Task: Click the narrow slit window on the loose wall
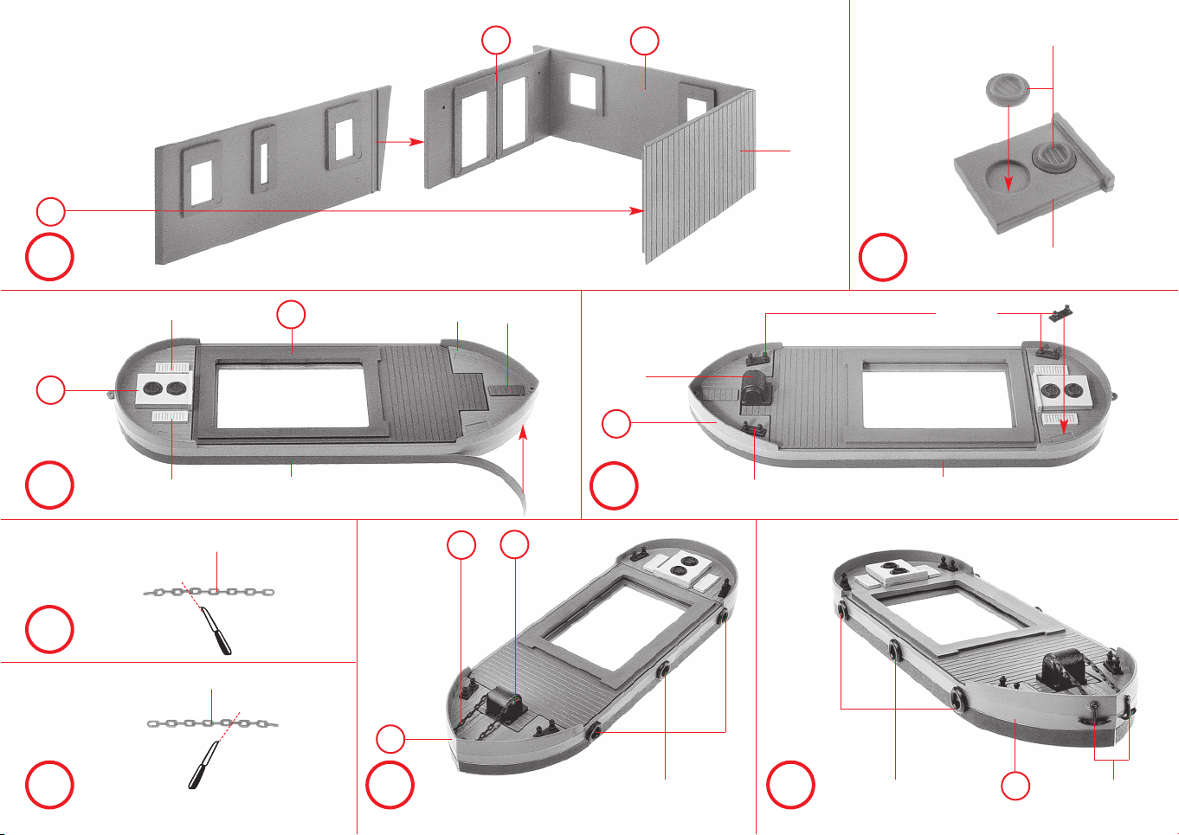point(262,157)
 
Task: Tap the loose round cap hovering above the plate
point(1004,89)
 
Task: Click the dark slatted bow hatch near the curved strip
point(501,389)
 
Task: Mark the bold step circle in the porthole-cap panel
point(883,258)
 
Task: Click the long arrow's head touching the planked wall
point(639,210)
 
